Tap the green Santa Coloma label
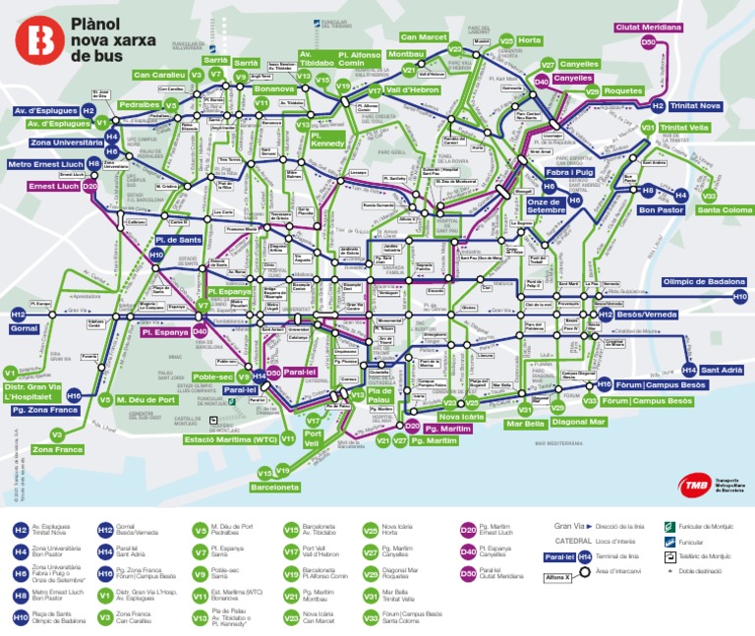pos(725,209)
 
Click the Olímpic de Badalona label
pos(704,280)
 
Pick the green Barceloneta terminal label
pos(274,487)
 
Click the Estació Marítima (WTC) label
pos(230,439)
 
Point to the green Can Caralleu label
pos(159,75)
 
